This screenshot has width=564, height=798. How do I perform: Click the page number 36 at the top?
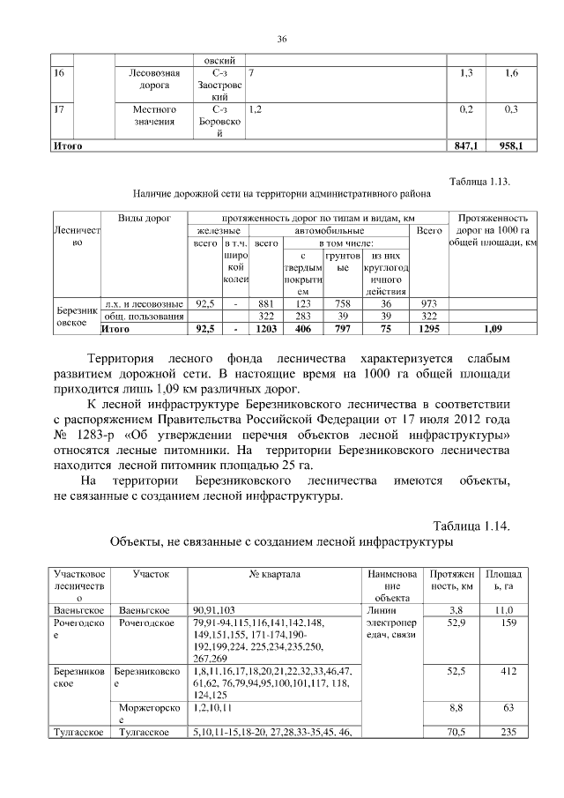coord(282,39)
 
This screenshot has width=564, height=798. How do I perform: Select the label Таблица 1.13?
coord(480,182)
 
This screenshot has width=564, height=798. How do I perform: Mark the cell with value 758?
coord(344,303)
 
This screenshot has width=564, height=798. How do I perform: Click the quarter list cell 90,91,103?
coord(213,610)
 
